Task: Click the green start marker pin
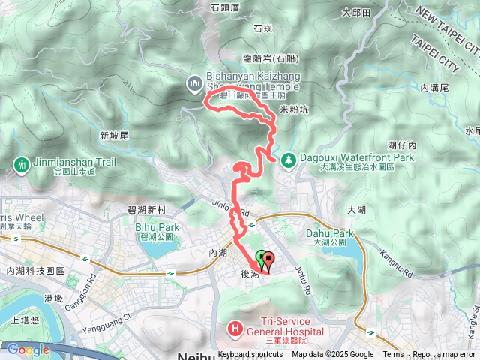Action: (x=261, y=258)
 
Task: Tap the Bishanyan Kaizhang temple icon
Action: (x=194, y=81)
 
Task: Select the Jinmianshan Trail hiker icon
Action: (x=21, y=164)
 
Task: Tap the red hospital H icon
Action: (x=234, y=327)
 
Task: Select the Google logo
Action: (x=28, y=349)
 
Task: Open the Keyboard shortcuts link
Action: (x=250, y=355)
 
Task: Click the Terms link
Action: (x=393, y=355)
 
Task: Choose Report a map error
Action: (x=445, y=355)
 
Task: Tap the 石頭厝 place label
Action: (x=226, y=7)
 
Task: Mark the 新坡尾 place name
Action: (x=114, y=136)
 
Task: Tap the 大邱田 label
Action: (x=356, y=12)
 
